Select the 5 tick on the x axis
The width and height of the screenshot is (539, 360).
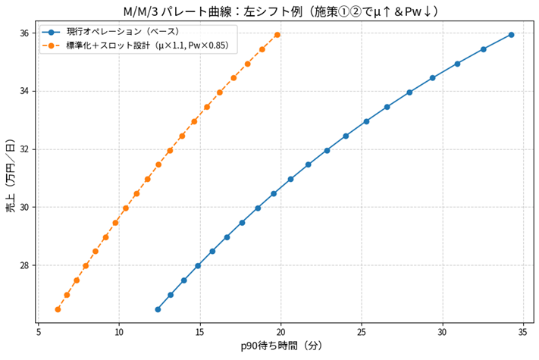coord(39,332)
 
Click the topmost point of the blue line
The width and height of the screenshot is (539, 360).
coord(511,35)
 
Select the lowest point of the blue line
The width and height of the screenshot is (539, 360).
coord(158,309)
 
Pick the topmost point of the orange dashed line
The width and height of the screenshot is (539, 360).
coord(277,35)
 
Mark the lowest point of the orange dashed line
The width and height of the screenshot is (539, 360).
coord(58,309)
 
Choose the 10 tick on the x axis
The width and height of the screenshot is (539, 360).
coord(119,332)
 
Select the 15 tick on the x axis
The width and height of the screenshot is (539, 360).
coord(200,332)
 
